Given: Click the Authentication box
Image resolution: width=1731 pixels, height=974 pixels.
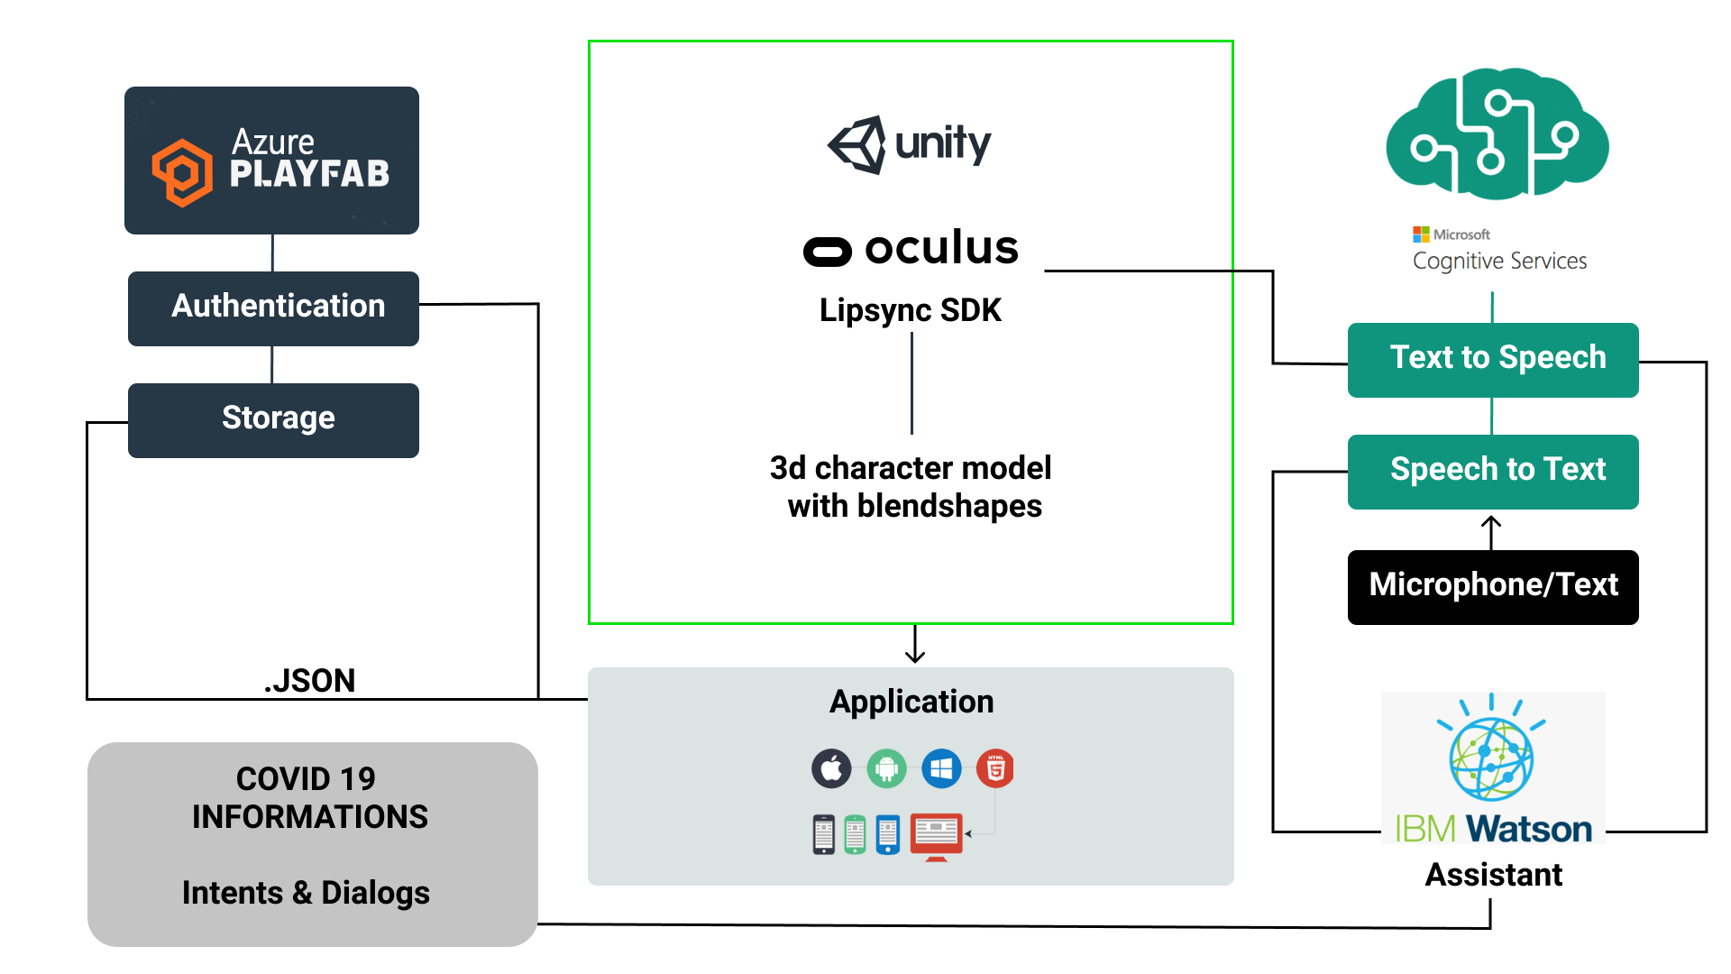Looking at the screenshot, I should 273,308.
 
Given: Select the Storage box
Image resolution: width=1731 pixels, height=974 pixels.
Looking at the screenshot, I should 273,420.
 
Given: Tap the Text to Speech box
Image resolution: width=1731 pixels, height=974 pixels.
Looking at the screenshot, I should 1493,360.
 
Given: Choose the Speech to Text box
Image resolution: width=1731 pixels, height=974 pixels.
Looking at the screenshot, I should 1493,472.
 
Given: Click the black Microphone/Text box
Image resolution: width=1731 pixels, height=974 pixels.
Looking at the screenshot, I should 1493,587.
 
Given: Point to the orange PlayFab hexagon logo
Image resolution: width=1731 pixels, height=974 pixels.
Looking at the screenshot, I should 182,172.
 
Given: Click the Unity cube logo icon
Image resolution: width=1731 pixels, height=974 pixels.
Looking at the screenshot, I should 857,144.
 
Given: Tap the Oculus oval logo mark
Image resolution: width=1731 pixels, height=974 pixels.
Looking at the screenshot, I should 828,252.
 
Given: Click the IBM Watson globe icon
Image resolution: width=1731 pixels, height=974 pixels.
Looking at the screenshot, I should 1491,758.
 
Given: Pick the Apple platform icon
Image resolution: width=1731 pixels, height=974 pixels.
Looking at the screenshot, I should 831,769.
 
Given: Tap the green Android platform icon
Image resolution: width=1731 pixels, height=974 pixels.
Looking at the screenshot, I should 886,769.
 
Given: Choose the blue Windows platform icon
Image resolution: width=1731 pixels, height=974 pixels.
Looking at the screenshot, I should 941,769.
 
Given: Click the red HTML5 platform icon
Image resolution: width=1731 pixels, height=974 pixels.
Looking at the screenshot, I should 995,769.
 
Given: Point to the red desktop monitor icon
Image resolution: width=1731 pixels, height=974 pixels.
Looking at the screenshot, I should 937,836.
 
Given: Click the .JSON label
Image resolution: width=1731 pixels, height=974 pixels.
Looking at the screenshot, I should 309,681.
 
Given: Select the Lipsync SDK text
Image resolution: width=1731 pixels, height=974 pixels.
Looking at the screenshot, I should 911,310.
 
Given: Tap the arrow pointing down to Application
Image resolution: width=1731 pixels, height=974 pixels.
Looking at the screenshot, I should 915,645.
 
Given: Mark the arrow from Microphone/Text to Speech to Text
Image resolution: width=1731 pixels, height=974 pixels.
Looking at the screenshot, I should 1491,531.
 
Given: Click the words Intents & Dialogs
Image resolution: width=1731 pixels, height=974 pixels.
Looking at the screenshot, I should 306,893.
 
